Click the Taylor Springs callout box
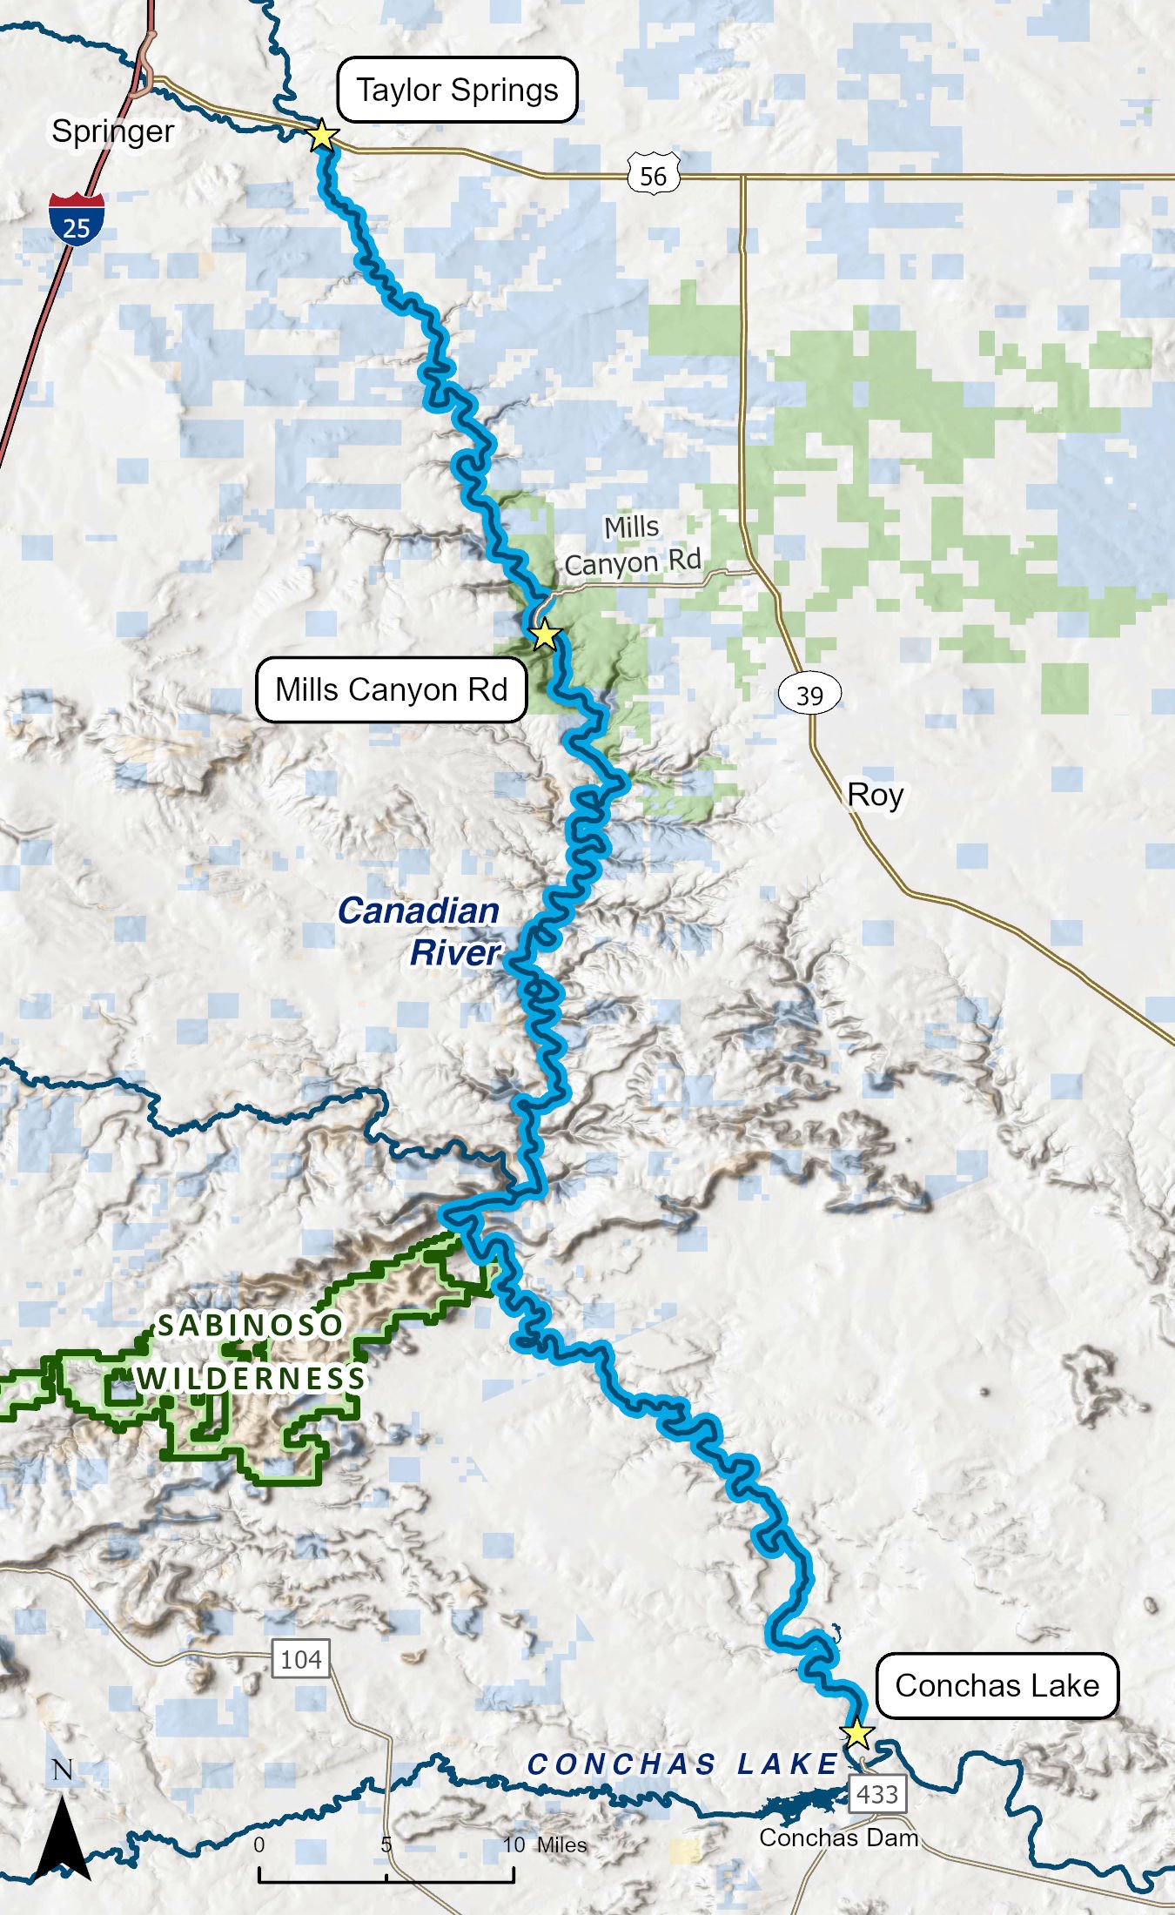457,90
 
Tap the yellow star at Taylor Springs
323,136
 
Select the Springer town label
112,131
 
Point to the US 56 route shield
653,175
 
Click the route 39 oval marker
809,694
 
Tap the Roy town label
875,795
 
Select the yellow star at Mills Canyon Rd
544,635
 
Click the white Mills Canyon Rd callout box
391,689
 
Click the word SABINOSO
250,1325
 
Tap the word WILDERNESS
251,1378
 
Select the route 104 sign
300,1659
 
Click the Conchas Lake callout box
997,1685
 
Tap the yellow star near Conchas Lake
857,1733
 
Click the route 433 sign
876,1794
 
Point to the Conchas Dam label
838,1838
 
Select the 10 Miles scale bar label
545,1844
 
